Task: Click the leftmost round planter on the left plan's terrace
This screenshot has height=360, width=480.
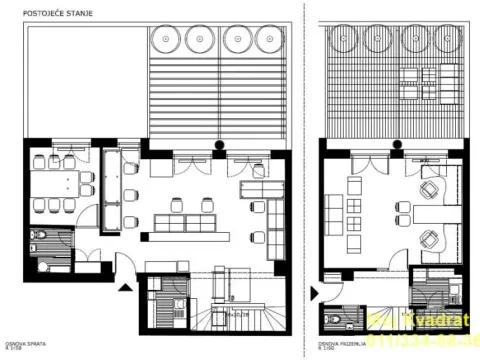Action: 165,40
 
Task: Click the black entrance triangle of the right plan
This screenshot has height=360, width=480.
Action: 315,295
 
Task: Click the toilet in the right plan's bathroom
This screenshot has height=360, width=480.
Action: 333,320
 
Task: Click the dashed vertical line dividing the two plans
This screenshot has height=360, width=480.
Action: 301,180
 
